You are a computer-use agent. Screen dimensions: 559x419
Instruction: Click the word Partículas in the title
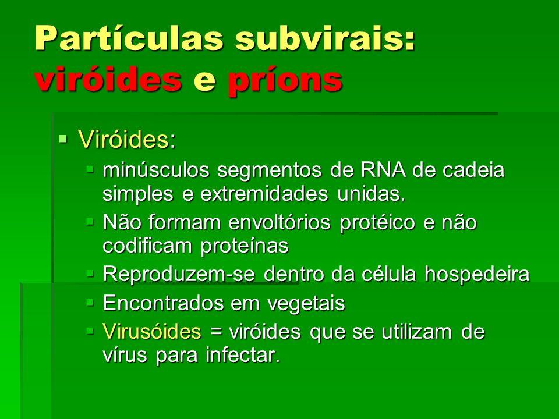129,38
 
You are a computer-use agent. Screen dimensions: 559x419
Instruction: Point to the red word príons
285,81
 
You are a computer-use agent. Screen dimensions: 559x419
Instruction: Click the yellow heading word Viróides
123,139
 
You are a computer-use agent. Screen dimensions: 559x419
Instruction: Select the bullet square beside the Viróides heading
63,138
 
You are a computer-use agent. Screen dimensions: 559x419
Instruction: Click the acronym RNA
383,170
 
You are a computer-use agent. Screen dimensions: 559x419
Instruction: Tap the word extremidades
264,194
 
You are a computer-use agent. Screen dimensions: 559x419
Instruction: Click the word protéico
377,223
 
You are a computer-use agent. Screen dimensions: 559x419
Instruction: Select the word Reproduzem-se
179,274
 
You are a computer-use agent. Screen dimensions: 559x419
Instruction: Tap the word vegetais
306,304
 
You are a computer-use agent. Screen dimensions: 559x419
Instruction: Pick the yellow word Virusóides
152,331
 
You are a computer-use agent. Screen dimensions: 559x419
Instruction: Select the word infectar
243,355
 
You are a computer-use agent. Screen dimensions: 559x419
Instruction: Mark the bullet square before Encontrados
90,303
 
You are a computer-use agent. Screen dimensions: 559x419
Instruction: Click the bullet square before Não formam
90,222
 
